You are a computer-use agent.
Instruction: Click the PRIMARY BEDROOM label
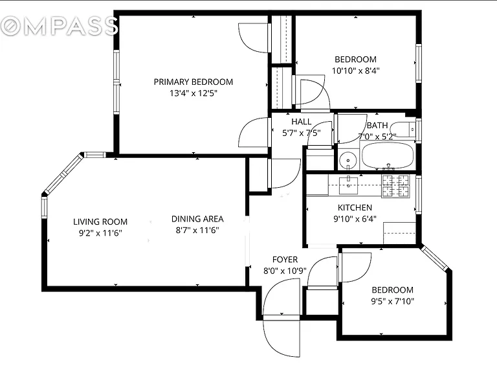click(193, 82)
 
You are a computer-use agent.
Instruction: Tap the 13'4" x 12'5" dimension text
click(193, 93)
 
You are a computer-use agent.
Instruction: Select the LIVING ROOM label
click(100, 221)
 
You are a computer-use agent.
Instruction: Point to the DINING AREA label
click(197, 219)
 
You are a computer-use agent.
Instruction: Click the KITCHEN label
click(355, 208)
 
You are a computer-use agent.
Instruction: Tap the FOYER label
click(285, 260)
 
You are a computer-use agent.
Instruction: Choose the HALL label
click(301, 122)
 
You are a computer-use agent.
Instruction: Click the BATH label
click(377, 125)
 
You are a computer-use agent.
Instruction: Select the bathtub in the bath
click(388, 155)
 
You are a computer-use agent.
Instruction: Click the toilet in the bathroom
click(403, 130)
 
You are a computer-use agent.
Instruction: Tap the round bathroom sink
click(348, 160)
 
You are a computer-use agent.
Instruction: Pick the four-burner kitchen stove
click(395, 186)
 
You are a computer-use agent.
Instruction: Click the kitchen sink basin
click(348, 185)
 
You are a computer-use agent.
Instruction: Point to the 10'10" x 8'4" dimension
click(355, 71)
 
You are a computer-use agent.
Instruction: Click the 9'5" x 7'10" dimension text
click(392, 301)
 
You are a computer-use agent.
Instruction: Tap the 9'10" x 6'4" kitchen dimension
click(355, 219)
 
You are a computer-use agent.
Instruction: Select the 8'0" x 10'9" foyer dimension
click(285, 271)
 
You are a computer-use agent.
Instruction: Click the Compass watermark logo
click(59, 26)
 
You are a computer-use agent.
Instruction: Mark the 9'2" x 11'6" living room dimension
click(100, 233)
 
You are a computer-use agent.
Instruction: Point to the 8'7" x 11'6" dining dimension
click(197, 231)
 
